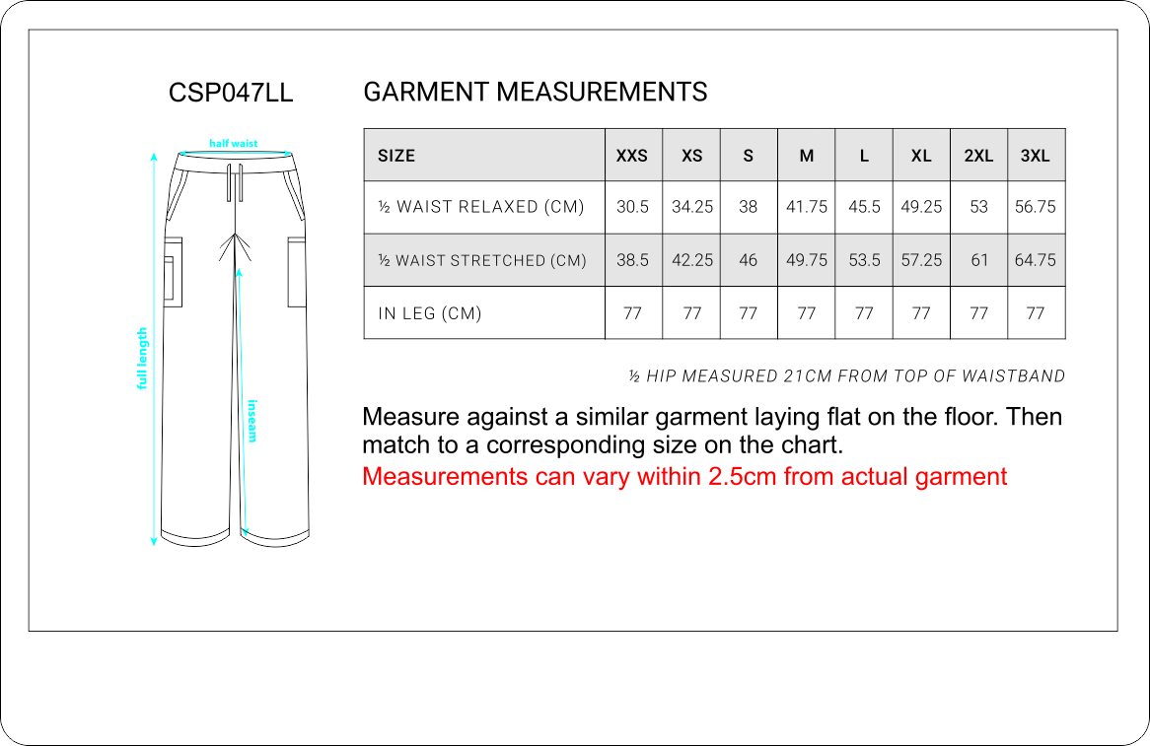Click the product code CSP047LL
pyautogui.click(x=230, y=93)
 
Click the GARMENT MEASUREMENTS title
pyautogui.click(x=536, y=93)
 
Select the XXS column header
pyautogui.click(x=631, y=156)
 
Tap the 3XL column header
pyautogui.click(x=1035, y=156)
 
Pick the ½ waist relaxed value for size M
pyautogui.click(x=806, y=207)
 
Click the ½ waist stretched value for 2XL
pyautogui.click(x=979, y=260)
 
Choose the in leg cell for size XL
pyautogui.click(x=921, y=313)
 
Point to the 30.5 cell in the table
pyautogui.click(x=632, y=207)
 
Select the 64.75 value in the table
pyautogui.click(x=1035, y=260)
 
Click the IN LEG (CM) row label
pyautogui.click(x=430, y=313)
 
